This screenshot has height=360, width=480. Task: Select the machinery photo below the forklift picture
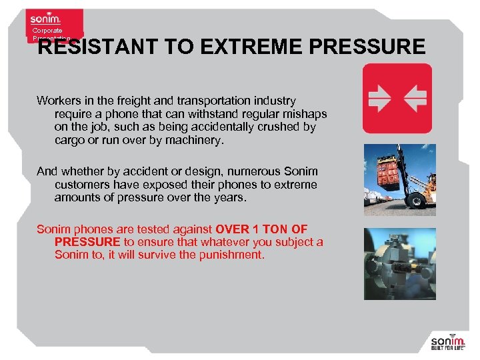pyautogui.click(x=399, y=263)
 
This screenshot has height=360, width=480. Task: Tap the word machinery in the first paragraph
pyautogui.click(x=198, y=140)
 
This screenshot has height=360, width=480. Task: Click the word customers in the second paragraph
pyautogui.click(x=83, y=185)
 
